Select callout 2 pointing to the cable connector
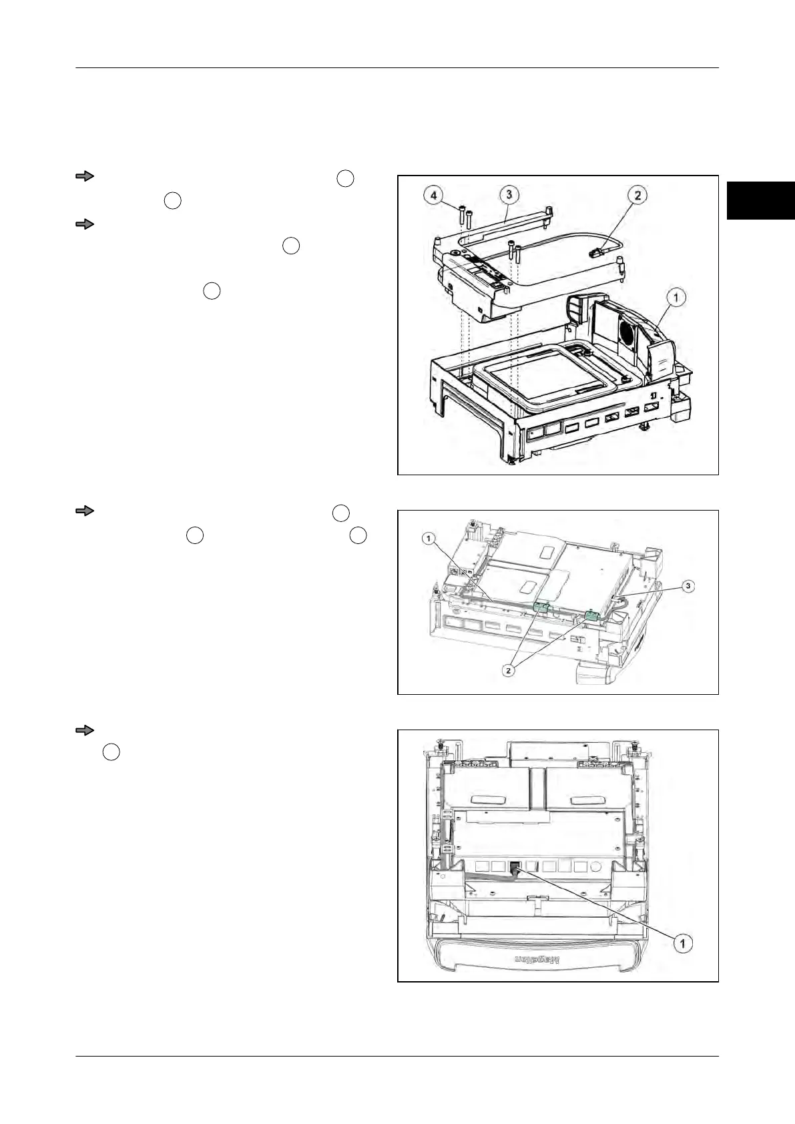coord(638,196)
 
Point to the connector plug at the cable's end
coord(597,252)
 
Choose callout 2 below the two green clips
coord(509,671)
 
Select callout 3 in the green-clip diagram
coord(690,585)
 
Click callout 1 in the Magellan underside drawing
coord(682,942)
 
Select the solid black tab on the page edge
coord(761,200)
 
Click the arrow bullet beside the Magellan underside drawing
coord(84,730)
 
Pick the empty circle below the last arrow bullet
coord(111,752)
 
